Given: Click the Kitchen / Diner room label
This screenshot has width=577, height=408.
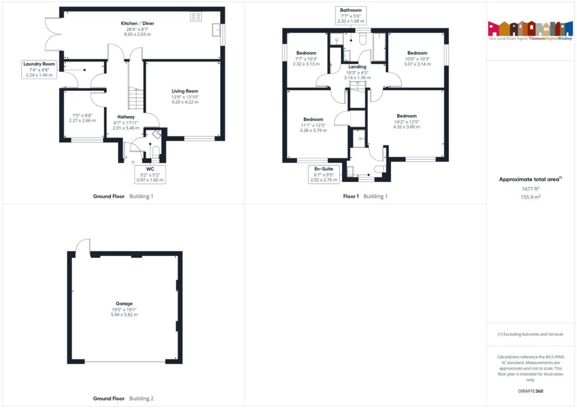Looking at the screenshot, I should coord(137,23).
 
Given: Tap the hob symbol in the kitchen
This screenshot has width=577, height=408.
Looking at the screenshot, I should coord(196,16).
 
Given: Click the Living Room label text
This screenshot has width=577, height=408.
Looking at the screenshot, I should coord(185,91).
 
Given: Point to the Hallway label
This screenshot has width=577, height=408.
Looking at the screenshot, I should coord(126,117).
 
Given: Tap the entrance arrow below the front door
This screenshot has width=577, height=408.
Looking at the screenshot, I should coord(134,163).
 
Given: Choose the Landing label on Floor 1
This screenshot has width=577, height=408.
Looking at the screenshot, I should coord(357,66).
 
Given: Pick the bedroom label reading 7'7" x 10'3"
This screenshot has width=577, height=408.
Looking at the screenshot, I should coord(306,59).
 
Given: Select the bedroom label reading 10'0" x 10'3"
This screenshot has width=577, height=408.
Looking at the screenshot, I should coord(418,59).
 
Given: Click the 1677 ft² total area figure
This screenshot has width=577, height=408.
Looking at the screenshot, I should coord(531,190).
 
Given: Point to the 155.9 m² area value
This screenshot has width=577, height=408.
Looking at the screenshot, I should coord(531,198).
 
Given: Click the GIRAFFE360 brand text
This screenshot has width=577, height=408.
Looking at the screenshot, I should coord(531,391).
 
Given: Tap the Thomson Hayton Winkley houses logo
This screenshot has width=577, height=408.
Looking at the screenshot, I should coord(531,28).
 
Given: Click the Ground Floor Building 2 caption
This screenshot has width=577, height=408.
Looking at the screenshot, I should coord(123,398).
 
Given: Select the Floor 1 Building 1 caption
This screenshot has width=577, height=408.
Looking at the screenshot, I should coord(365,196).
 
